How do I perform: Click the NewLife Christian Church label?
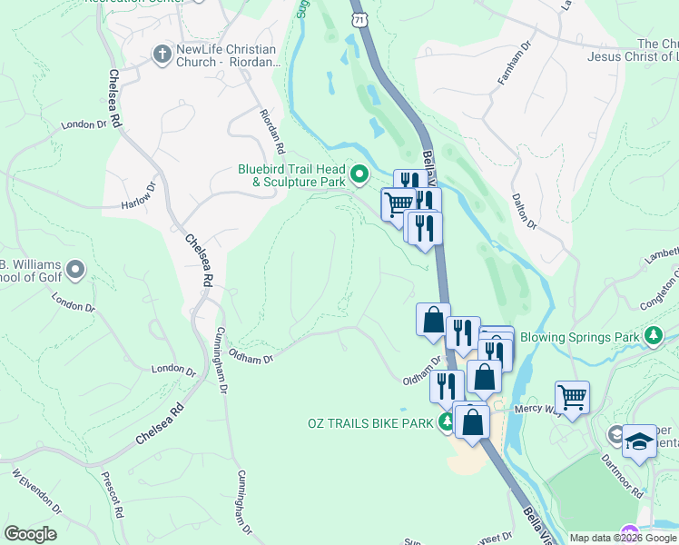pyautogui.click(x=231, y=56)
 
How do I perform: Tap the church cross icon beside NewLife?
pyautogui.click(x=162, y=54)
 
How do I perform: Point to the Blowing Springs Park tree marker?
pyautogui.click(x=653, y=337)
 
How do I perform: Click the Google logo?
pyautogui.click(x=30, y=534)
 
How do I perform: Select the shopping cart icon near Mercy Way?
pyautogui.click(x=572, y=397)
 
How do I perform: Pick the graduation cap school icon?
pyautogui.click(x=639, y=441)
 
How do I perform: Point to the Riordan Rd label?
pyautogui.click(x=273, y=136)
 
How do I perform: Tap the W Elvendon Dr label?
pyautogui.click(x=35, y=490)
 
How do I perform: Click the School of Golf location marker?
pyautogui.click(x=75, y=269)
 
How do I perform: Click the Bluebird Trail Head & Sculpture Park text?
pyautogui.click(x=292, y=174)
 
